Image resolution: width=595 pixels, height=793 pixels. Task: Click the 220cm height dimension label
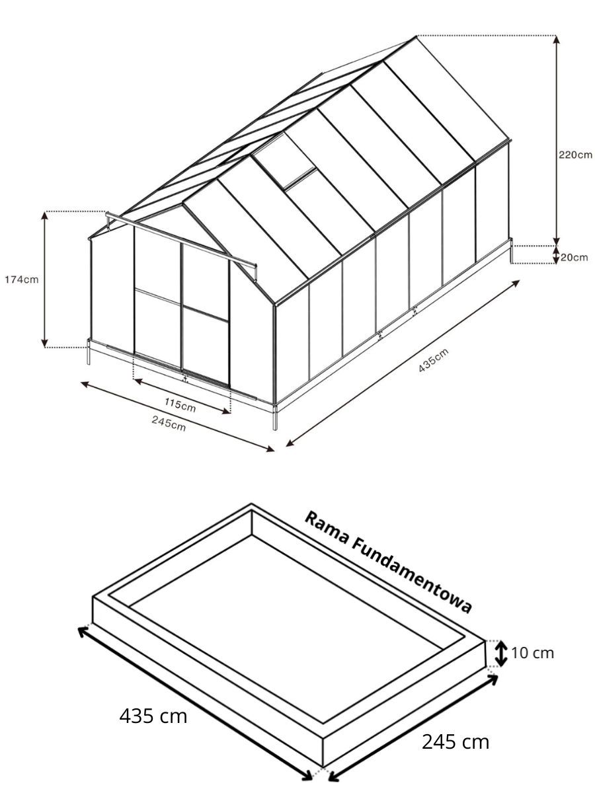point(575,155)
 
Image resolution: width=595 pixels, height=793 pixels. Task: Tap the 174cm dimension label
point(22,280)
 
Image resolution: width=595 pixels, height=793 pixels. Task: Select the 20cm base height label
point(574,257)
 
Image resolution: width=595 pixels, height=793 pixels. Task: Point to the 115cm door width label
point(180,404)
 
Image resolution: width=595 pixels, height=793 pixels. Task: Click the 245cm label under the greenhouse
point(169,424)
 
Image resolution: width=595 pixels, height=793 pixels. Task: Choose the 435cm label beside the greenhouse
point(434,360)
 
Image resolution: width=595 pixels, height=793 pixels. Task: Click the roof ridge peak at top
point(417,36)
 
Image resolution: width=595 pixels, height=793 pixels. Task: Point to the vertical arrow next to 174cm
point(44,280)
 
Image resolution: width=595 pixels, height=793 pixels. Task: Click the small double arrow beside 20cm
point(557,254)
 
